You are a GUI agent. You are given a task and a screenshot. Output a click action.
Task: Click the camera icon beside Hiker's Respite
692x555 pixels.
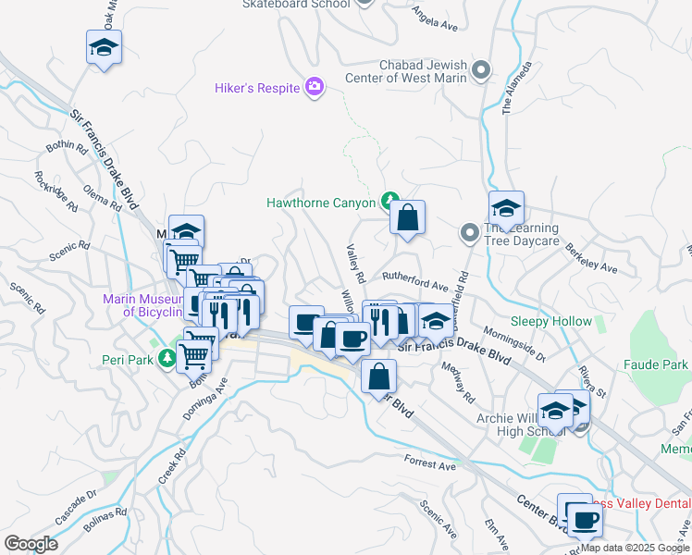click(x=315, y=87)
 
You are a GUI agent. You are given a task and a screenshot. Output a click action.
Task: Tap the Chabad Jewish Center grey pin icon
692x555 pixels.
click(x=480, y=70)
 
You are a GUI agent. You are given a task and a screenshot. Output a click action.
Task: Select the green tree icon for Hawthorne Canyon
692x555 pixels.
click(x=390, y=202)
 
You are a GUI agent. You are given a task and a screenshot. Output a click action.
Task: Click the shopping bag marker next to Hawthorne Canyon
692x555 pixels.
click(x=407, y=219)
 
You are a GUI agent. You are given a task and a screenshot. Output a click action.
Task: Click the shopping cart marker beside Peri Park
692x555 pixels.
click(x=195, y=353)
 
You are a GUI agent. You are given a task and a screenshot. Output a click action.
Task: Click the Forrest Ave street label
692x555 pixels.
click(x=430, y=464)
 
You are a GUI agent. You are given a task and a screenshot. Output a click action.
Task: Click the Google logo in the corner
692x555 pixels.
click(x=31, y=544)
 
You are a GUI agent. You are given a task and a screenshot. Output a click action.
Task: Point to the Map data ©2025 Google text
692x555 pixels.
click(x=635, y=548)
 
